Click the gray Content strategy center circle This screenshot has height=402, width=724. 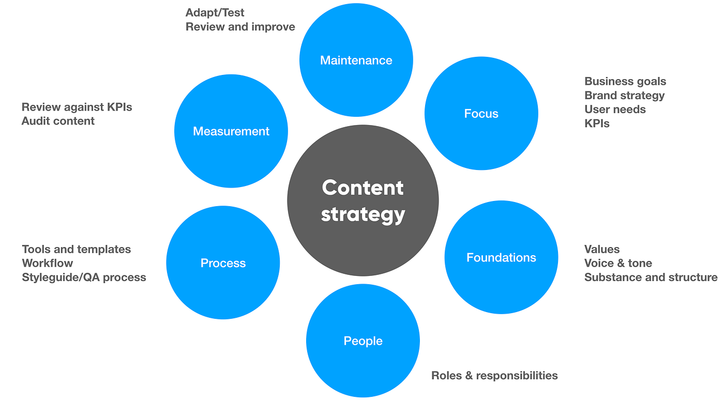pyautogui.click(x=363, y=200)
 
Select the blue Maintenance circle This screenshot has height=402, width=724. pyautogui.click(x=356, y=60)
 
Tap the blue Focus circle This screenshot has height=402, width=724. pyautogui.click(x=481, y=113)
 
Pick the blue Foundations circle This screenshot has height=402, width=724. pyautogui.click(x=501, y=257)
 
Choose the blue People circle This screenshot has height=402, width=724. pyautogui.click(x=363, y=341)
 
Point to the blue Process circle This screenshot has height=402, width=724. pyautogui.click(x=223, y=263)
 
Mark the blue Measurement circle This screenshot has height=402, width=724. pyautogui.click(x=231, y=131)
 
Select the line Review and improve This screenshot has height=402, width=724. pyautogui.click(x=240, y=26)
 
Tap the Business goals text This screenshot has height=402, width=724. pyautogui.click(x=625, y=81)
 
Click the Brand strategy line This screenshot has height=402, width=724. pyautogui.click(x=624, y=95)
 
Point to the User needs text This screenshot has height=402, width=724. pyautogui.click(x=615, y=109)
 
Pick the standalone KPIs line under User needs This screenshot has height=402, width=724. pyautogui.click(x=597, y=123)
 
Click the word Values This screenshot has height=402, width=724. pyautogui.click(x=601, y=249)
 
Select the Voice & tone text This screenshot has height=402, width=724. pyautogui.click(x=618, y=263)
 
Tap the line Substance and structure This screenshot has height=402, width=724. pyautogui.click(x=651, y=277)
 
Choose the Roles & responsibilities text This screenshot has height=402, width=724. pyautogui.click(x=494, y=375)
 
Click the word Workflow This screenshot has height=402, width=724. pyautogui.click(x=48, y=263)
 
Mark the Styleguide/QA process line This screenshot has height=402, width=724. pyautogui.click(x=84, y=277)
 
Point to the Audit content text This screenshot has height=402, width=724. pyautogui.click(x=58, y=120)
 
